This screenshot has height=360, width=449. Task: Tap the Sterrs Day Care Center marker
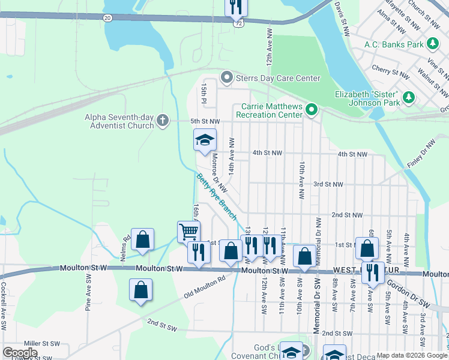226,77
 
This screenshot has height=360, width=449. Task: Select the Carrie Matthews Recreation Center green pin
311,109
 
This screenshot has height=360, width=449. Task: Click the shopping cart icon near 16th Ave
188,230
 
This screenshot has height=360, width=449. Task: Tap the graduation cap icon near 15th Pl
205,140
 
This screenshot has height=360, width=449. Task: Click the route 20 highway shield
107,18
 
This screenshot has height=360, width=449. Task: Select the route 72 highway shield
239,22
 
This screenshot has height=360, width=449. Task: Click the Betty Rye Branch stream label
217,196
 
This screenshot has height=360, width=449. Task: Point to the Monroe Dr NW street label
220,172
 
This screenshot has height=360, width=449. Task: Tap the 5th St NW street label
205,121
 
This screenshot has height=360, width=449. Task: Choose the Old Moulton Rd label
205,287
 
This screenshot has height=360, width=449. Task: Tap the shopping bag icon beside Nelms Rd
143,239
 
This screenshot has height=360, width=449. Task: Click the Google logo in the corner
20,353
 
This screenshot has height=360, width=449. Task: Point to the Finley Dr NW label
422,154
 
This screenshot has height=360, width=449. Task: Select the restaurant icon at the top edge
236,7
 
